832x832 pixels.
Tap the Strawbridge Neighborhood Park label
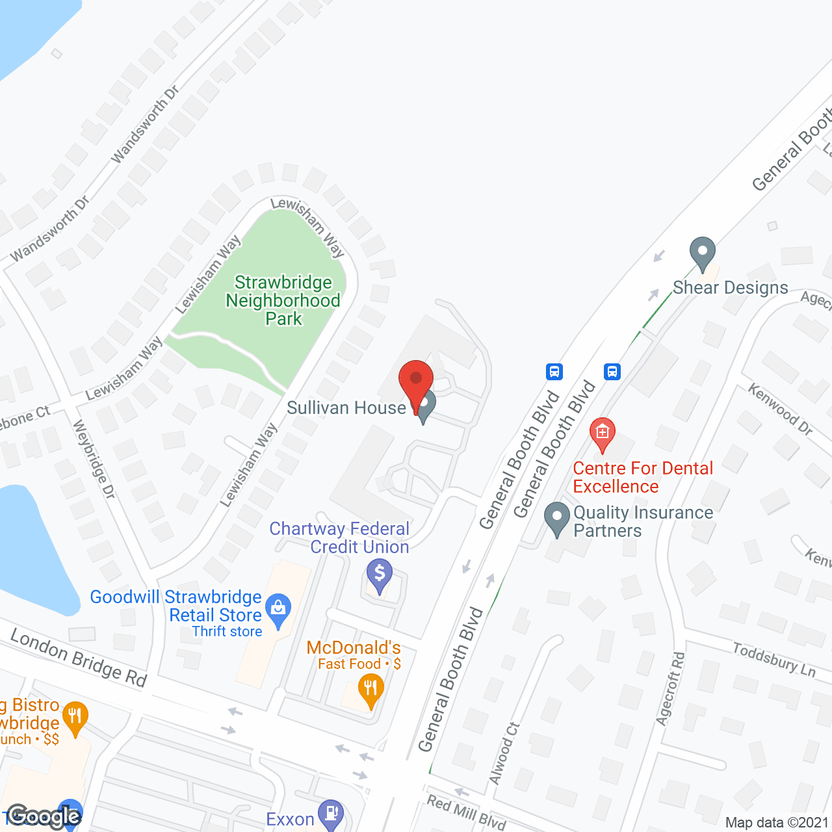tap(283, 300)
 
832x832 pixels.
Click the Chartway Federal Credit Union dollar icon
tap(379, 575)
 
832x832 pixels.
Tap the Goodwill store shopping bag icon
tap(278, 609)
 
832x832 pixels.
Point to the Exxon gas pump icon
tap(332, 814)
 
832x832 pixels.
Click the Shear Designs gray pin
tap(702, 253)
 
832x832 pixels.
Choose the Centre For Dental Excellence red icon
tap(603, 434)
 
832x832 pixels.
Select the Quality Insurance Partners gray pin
tap(556, 518)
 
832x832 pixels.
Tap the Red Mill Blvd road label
tap(466, 812)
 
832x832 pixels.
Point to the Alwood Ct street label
tap(504, 753)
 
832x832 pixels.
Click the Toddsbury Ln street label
tap(773, 659)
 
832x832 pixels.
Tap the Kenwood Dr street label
tap(780, 409)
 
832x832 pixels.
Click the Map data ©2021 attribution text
tap(777, 822)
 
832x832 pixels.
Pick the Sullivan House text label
tap(346, 408)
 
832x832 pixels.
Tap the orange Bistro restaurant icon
tap(75, 718)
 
